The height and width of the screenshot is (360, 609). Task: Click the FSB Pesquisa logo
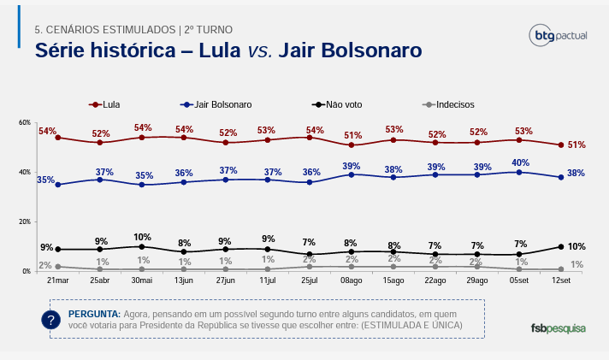coord(559,328)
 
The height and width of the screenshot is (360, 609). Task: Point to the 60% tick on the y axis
coord(24,123)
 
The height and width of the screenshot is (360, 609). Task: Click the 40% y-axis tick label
coord(24,172)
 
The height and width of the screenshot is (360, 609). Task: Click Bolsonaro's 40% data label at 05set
coord(520,162)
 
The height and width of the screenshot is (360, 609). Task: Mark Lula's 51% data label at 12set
coord(576,145)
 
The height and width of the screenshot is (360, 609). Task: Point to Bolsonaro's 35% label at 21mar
coord(46,180)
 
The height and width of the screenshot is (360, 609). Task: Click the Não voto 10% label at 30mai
coord(142,237)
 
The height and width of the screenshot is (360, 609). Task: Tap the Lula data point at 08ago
coord(352,145)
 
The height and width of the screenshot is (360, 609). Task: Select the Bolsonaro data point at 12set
coord(560,177)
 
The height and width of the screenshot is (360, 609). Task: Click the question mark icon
coord(51,320)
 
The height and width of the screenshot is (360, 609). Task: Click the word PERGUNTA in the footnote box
coord(94,314)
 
